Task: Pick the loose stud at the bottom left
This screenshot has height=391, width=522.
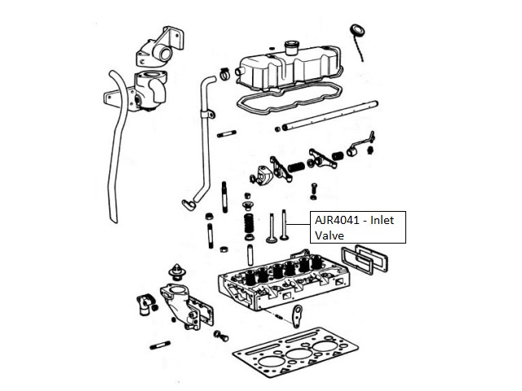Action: [x=160, y=345]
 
